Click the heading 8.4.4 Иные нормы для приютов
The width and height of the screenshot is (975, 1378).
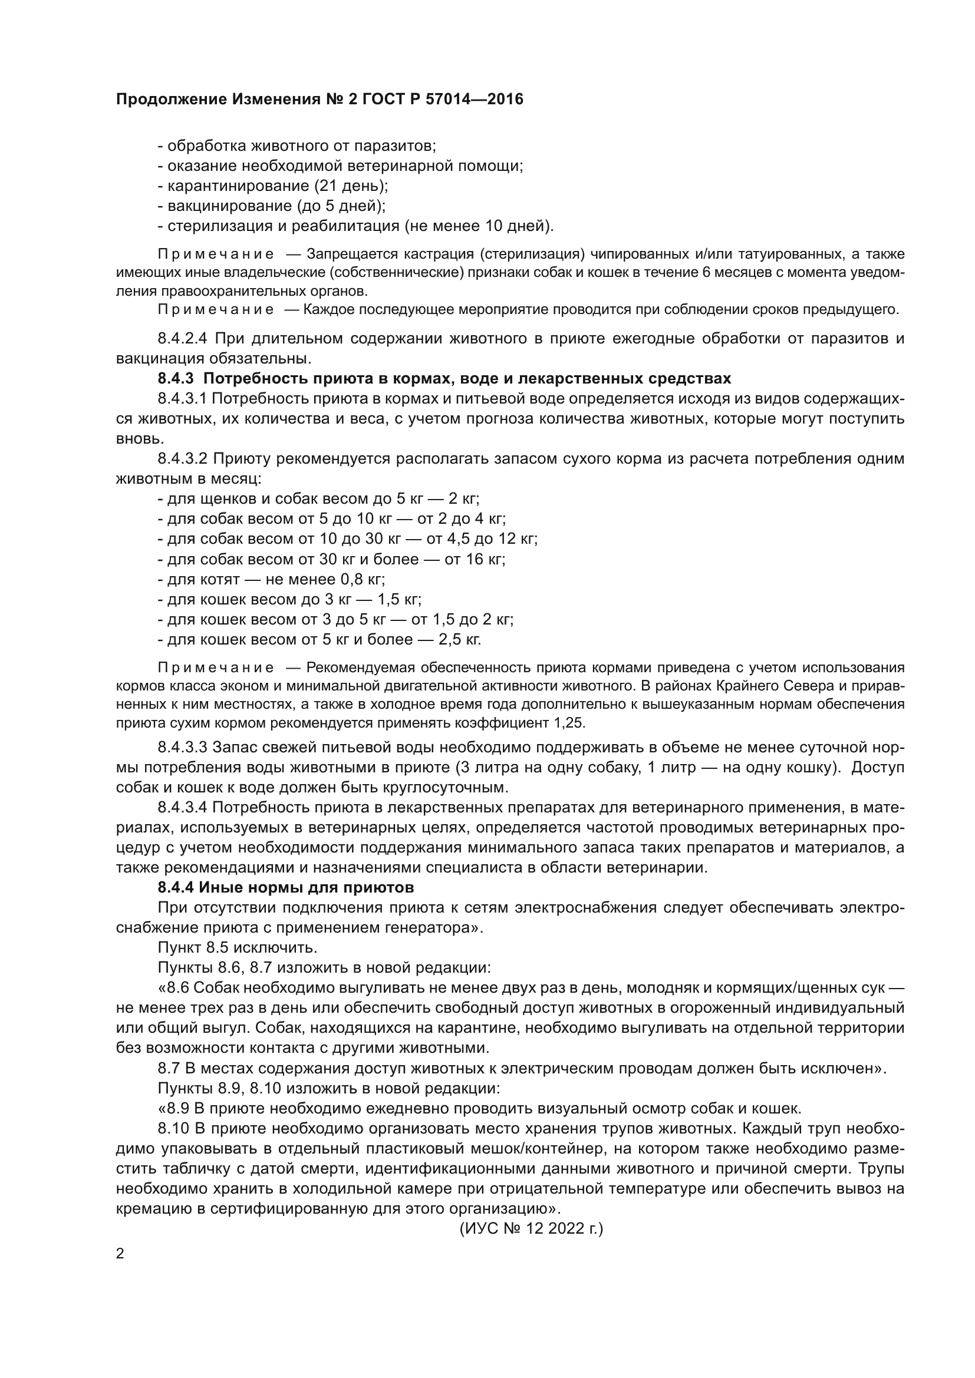[286, 887]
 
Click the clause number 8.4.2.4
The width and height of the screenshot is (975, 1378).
[183, 339]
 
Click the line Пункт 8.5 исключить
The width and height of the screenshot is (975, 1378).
[237, 948]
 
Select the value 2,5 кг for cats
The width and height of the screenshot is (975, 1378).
[459, 640]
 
